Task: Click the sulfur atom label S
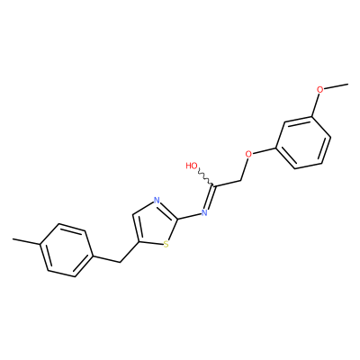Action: tap(166, 245)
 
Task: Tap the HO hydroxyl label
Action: tap(192, 166)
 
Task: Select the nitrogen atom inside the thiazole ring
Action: tap(157, 200)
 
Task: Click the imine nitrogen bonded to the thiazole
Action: tap(204, 212)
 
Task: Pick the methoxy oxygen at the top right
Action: tap(320, 89)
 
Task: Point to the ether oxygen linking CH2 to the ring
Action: tap(248, 154)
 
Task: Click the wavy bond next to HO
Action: tap(206, 177)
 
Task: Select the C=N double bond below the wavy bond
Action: tap(210, 197)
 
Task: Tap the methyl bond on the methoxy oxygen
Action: tap(337, 86)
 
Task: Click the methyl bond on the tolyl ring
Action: tap(26, 242)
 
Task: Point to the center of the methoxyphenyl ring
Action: tap(303, 142)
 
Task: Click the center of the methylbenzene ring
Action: tap(67, 249)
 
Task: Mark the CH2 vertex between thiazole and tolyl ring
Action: tap(120, 263)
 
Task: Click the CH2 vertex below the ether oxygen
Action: tap(241, 181)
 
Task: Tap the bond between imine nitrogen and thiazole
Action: tap(190, 216)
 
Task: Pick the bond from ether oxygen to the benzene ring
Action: tap(264, 151)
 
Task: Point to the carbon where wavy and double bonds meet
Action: tap(214, 185)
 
